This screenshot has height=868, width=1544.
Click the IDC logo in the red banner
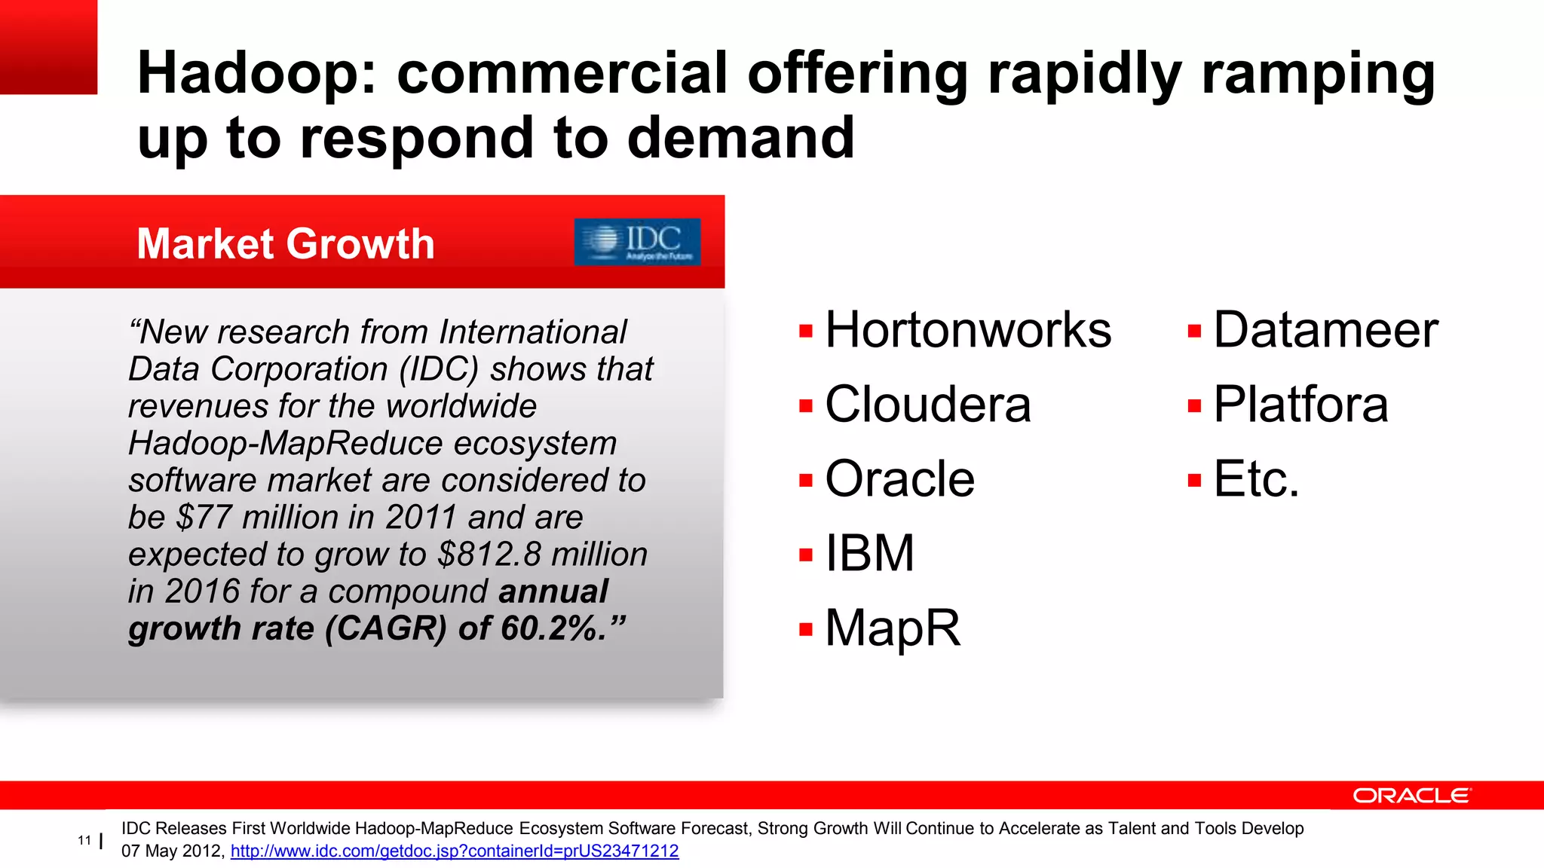pyautogui.click(x=637, y=242)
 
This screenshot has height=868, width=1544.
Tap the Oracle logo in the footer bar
pyautogui.click(x=1411, y=796)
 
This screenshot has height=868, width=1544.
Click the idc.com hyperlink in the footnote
pyautogui.click(x=455, y=851)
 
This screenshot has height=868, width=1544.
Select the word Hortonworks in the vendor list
pyautogui.click(x=968, y=330)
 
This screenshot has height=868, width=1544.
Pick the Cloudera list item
pyautogui.click(x=927, y=405)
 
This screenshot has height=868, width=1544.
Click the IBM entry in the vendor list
pyautogui.click(x=869, y=553)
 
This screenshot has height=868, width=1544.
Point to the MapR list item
pyautogui.click(x=893, y=628)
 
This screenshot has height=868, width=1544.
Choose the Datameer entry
pyautogui.click(x=1325, y=330)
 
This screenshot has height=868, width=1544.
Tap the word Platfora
pyautogui.click(x=1300, y=405)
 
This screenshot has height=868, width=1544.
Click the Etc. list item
pyautogui.click(x=1256, y=479)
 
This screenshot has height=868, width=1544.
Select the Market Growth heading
pyautogui.click(x=286, y=243)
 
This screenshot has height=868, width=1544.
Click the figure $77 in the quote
pyautogui.click(x=204, y=518)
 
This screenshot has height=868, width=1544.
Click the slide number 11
pyautogui.click(x=84, y=840)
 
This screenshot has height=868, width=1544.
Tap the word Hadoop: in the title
pyautogui.click(x=256, y=73)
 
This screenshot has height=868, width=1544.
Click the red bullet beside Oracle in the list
pyautogui.click(x=806, y=480)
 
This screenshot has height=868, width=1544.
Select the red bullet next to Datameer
pyautogui.click(x=1194, y=331)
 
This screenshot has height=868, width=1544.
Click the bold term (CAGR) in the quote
pyautogui.click(x=386, y=628)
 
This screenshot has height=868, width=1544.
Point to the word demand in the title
pyautogui.click(x=740, y=138)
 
